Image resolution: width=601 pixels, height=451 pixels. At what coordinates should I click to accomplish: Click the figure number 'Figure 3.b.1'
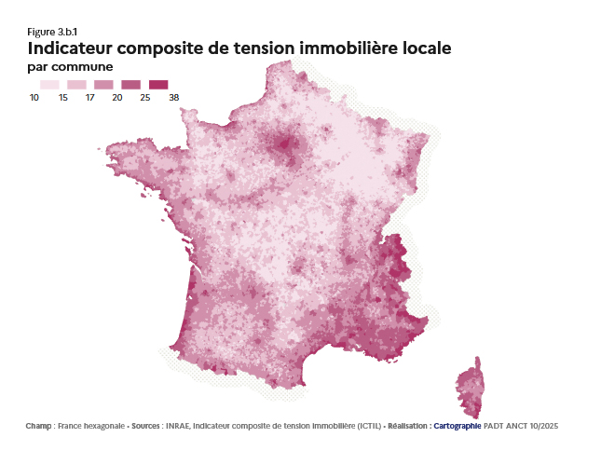(x=52, y=32)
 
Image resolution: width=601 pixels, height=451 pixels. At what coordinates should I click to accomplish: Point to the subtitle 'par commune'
(x=70, y=67)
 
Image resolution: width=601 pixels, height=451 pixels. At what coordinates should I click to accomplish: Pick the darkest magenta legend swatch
(x=159, y=85)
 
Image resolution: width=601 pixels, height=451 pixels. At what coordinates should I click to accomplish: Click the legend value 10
(x=34, y=98)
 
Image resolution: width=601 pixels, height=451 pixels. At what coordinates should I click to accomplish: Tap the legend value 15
(x=63, y=98)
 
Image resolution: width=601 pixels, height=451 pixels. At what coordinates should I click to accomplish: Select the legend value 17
(x=90, y=98)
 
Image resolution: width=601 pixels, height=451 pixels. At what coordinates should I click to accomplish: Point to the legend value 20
(x=117, y=98)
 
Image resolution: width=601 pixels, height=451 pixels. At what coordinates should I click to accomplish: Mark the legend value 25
(x=145, y=98)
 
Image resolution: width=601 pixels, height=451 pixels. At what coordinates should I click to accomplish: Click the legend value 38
(x=173, y=98)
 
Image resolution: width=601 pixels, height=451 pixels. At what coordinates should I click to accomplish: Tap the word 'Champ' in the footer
(x=38, y=426)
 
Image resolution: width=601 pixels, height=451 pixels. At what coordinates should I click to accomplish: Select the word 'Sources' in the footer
(x=145, y=426)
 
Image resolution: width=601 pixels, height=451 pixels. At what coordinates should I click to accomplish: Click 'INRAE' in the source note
(x=177, y=426)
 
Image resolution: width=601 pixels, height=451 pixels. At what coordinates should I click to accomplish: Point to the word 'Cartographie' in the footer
(x=458, y=426)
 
